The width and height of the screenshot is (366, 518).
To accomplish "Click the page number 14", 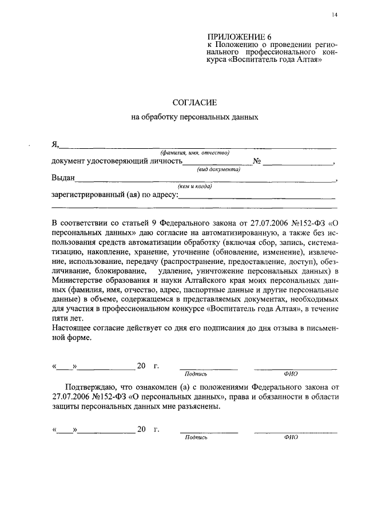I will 334,15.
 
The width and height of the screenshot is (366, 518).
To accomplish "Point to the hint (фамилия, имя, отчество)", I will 194,153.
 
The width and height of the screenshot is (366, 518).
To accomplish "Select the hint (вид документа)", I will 218,170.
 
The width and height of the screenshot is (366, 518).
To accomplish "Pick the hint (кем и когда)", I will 195,186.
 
